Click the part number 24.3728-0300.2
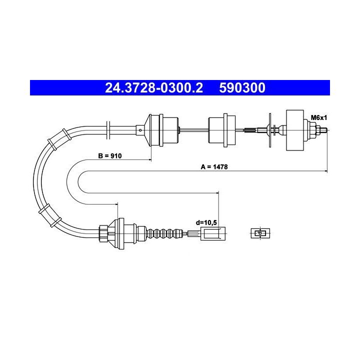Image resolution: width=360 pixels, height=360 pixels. click(154, 87)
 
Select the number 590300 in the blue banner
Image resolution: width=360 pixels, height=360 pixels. click(242, 87)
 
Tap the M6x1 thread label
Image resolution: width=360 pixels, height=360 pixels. click(318, 118)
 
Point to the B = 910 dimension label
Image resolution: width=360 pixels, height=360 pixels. click(109, 156)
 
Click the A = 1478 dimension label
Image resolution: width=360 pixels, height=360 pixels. click(214, 167)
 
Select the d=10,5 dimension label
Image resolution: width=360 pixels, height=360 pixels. click(206, 222)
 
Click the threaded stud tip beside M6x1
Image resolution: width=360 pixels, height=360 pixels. click(323, 130)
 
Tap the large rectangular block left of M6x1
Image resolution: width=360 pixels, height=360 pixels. click(295, 130)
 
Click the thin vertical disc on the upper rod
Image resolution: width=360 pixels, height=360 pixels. click(270, 130)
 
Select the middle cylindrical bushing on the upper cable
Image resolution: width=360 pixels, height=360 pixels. click(222, 130)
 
